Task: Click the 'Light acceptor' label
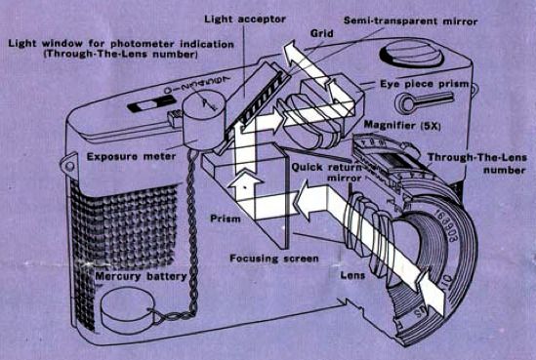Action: pos(245,20)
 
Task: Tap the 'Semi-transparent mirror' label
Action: pos(410,20)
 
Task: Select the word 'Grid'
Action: pos(321,33)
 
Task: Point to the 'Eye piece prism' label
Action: pos(425,84)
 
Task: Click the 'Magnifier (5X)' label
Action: pos(402,125)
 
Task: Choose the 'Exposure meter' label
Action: pos(131,156)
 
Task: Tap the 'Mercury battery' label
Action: pos(141,276)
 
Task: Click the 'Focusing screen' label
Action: pos(274,259)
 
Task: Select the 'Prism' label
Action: pos(225,219)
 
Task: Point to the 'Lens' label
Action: pos(352,275)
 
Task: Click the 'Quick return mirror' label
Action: pos(327,173)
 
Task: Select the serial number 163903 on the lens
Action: pos(446,225)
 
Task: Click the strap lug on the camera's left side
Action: pos(69,164)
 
